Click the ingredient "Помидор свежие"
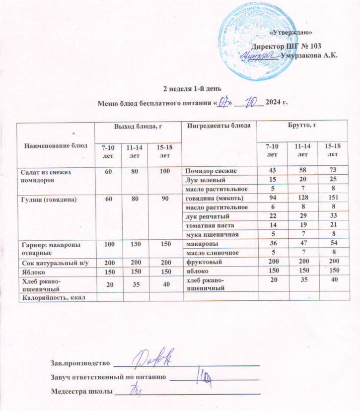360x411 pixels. point(209,171)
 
